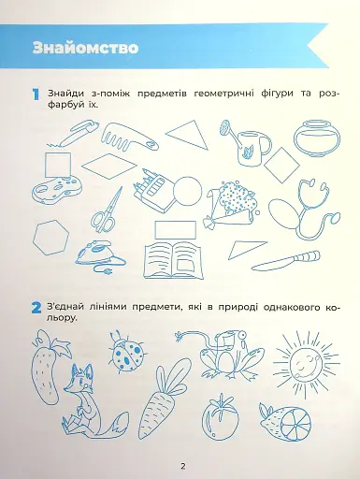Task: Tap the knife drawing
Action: [285, 256]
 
